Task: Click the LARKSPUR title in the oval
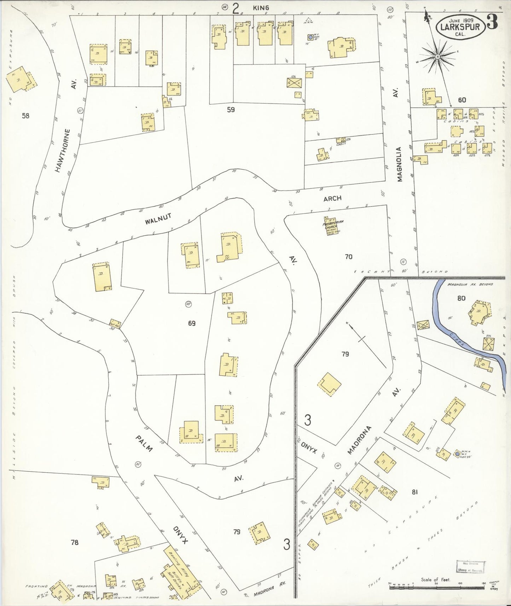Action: click(460, 27)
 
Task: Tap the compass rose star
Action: click(437, 57)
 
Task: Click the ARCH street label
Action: click(332, 198)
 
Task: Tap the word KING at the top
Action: click(261, 7)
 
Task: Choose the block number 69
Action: click(192, 323)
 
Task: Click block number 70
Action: click(348, 257)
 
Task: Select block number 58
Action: click(25, 115)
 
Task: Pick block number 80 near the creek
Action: click(461, 298)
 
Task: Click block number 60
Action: click(461, 100)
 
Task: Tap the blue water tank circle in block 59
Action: click(310, 37)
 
